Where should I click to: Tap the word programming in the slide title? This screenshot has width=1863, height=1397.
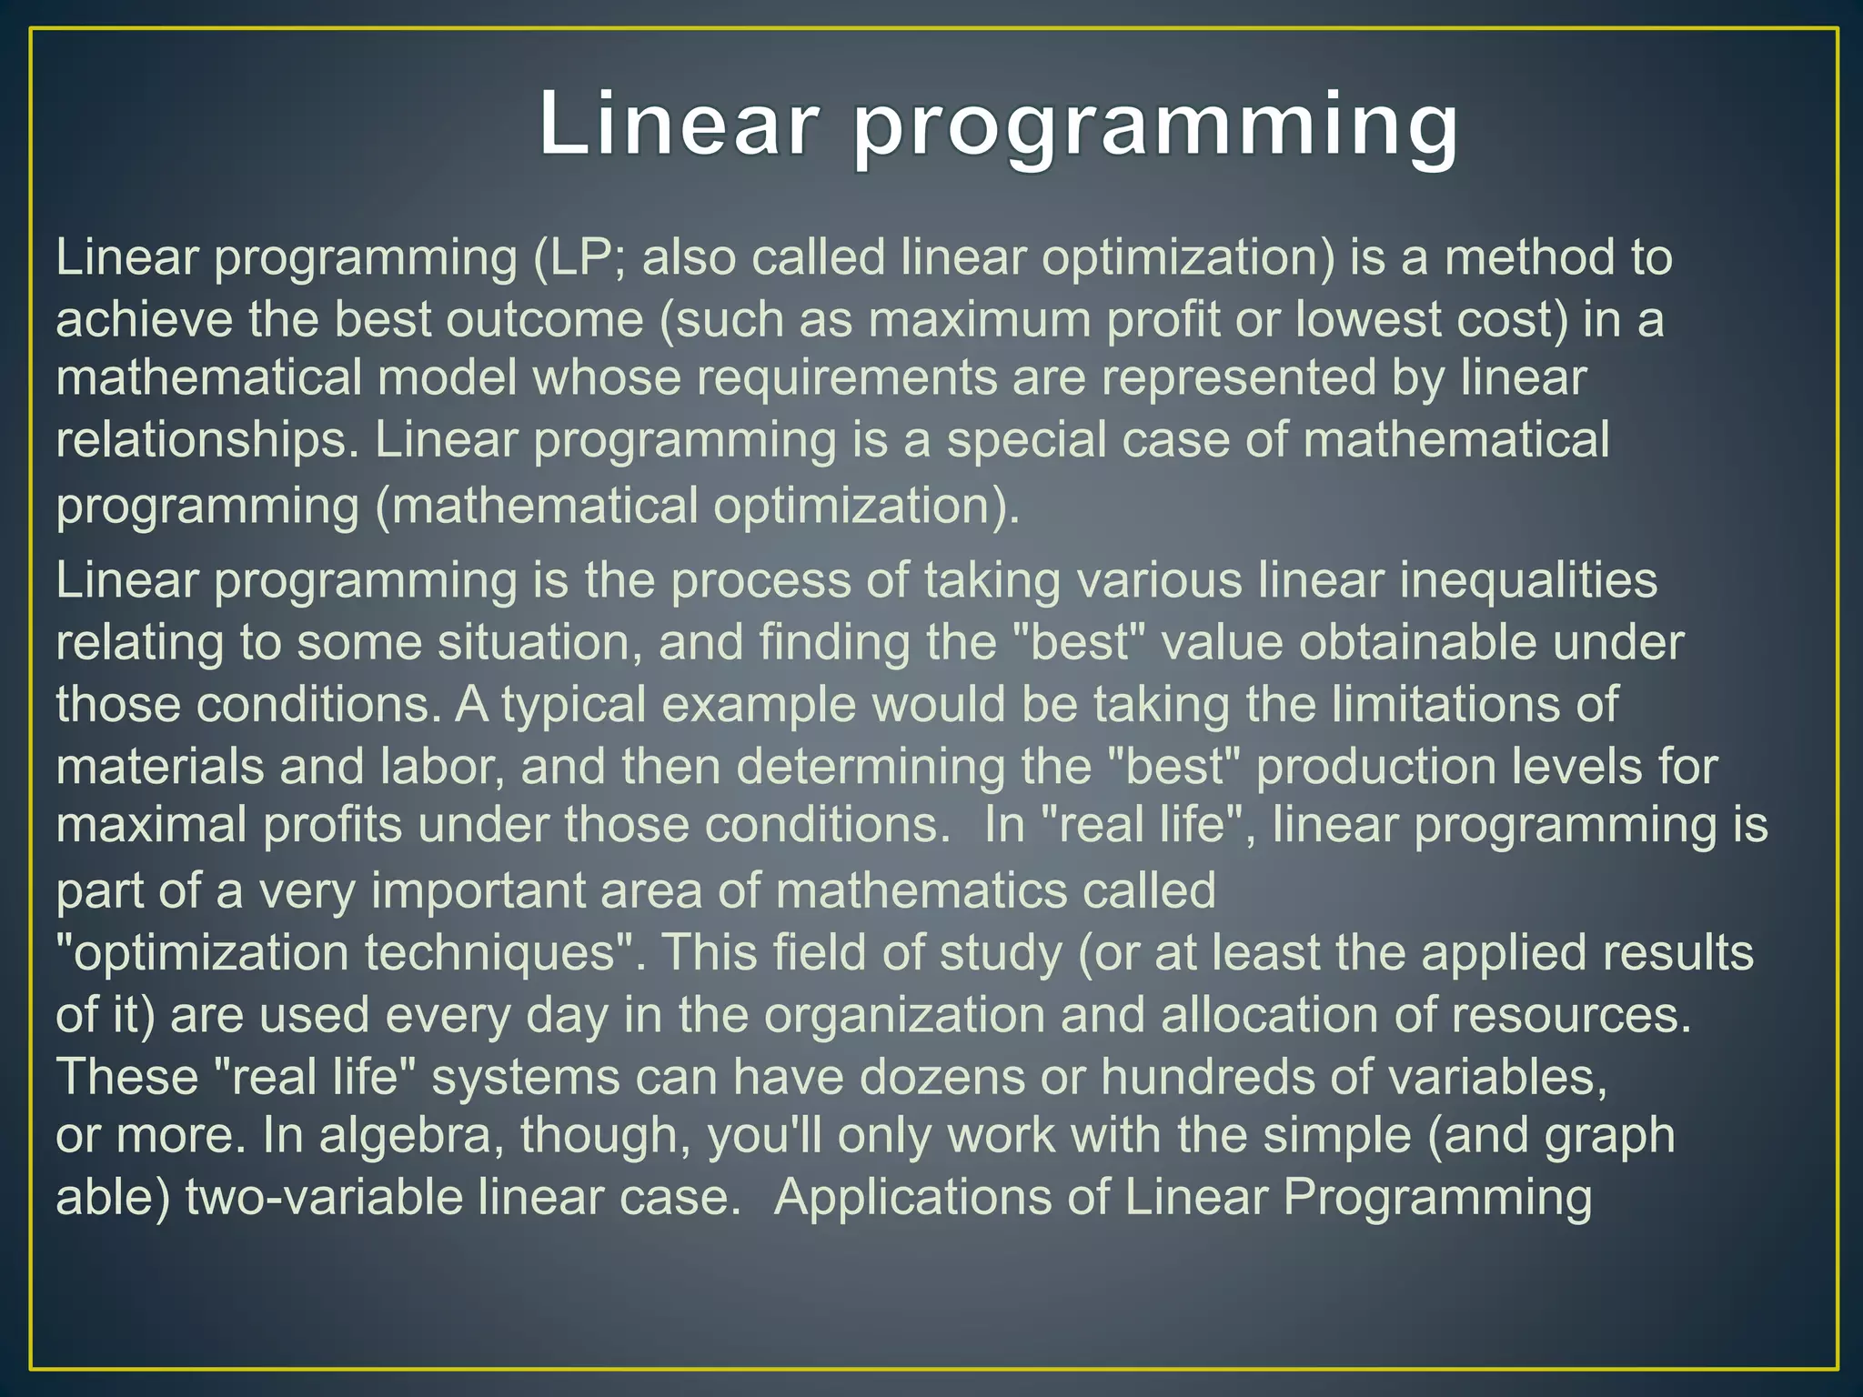pos(1156,127)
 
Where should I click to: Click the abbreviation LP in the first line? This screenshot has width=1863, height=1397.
pos(582,257)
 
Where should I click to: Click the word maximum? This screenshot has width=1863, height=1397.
pos(980,319)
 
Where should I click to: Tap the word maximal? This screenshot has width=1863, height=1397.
pos(152,825)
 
